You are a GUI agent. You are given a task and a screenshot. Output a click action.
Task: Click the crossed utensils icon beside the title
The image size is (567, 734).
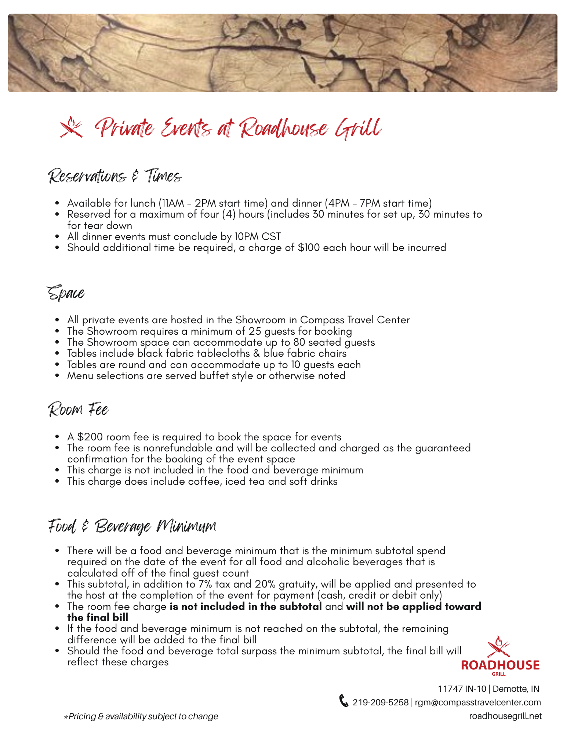(72, 127)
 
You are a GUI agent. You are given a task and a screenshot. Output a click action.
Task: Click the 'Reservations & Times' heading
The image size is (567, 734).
(115, 176)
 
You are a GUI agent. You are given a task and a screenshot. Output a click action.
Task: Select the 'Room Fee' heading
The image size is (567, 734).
(79, 410)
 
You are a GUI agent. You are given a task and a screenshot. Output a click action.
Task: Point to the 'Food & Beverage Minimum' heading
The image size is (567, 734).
(132, 527)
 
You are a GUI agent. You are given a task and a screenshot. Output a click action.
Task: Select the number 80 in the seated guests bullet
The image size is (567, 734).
(299, 342)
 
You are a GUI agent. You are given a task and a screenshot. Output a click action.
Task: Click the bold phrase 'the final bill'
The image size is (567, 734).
(98, 618)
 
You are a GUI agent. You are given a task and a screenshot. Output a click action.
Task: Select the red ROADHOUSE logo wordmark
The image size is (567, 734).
(500, 665)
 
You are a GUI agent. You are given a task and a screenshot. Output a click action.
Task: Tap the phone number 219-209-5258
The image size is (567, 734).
(381, 702)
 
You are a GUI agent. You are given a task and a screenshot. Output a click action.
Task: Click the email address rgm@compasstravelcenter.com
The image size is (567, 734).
(478, 702)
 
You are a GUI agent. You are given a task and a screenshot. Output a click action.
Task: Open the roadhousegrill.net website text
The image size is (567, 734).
(505, 716)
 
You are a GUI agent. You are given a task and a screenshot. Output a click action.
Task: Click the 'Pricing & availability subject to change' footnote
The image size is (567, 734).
(143, 716)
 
